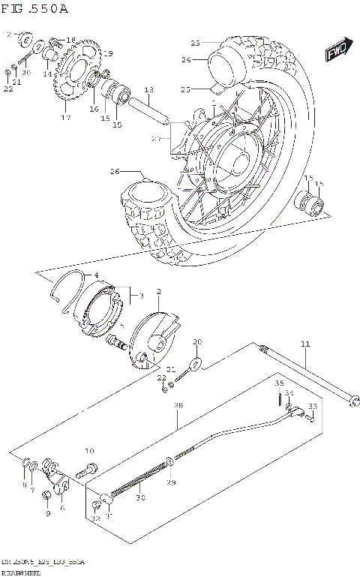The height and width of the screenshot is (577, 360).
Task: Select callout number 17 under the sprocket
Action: point(66,118)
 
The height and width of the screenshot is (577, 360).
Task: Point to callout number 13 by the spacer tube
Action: point(148,89)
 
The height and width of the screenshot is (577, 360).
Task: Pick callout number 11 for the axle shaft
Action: point(304,344)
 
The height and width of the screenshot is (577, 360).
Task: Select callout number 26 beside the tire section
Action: point(115,172)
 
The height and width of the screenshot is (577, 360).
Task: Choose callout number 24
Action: point(185,59)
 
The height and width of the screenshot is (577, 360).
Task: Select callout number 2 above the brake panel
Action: point(158,291)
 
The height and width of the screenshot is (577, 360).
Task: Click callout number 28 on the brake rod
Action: point(178,406)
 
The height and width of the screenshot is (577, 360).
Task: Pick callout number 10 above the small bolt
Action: point(89,452)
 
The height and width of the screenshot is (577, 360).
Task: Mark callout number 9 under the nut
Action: point(47,514)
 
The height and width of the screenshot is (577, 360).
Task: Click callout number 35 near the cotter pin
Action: point(278,383)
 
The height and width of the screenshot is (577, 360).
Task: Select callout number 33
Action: point(313,407)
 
